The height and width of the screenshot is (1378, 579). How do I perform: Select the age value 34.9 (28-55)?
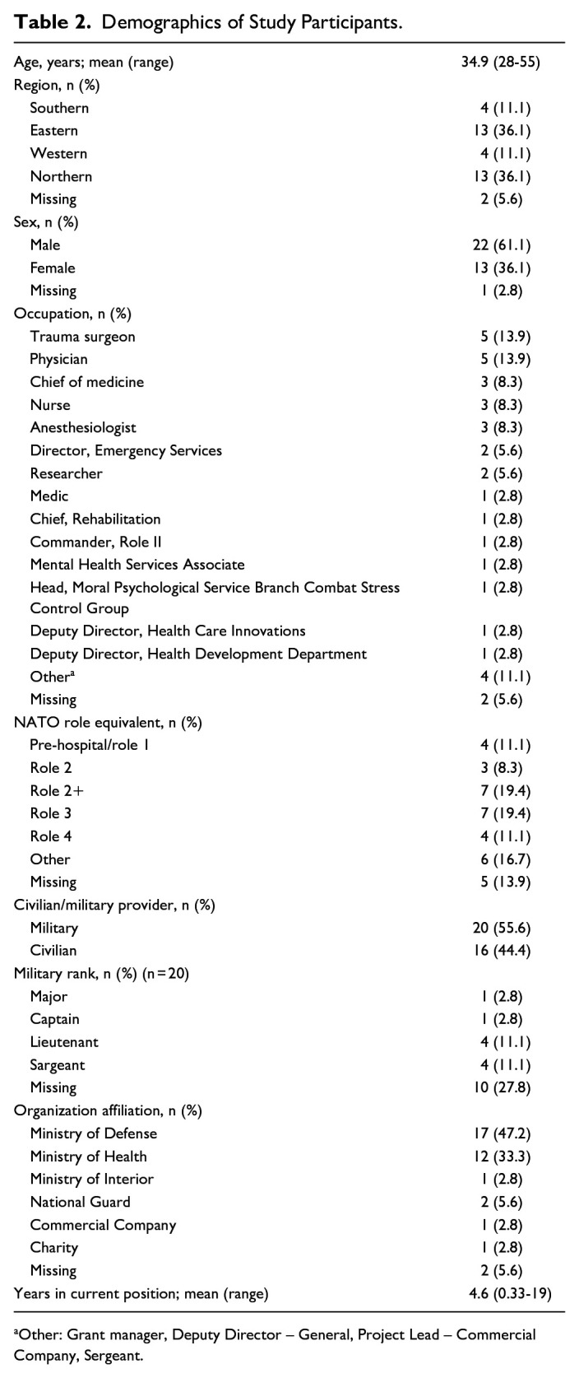500,62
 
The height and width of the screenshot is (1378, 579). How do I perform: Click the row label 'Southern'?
59,108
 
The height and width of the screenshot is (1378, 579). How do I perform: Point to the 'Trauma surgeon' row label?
82,337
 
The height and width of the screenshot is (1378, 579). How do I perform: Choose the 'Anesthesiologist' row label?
83,428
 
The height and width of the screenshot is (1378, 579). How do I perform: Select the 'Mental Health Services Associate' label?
137,565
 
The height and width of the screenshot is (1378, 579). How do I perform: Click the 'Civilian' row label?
53,951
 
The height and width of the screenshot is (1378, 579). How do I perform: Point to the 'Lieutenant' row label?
64,1042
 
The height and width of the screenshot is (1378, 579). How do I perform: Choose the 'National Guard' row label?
80,1202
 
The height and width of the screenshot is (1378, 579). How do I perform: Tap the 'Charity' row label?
54,1248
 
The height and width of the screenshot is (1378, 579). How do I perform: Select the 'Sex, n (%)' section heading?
45,222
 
